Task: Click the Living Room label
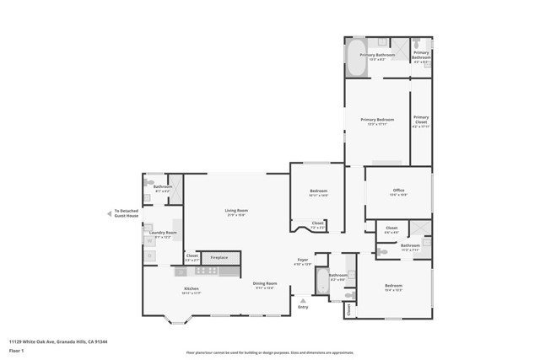pyautogui.click(x=235, y=211)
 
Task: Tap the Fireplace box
pyautogui.click(x=219, y=256)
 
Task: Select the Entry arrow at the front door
pyautogui.click(x=303, y=300)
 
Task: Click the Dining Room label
pyautogui.click(x=264, y=284)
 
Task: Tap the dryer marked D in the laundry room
pyautogui.click(x=149, y=254)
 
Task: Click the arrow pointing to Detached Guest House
pyautogui.click(x=109, y=213)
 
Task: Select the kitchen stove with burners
pyautogui.click(x=207, y=271)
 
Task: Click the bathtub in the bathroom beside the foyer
pyautogui.click(x=321, y=281)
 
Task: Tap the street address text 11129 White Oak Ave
pyautogui.click(x=58, y=341)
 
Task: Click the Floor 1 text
pyautogui.click(x=16, y=349)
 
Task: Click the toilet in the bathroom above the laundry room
pyautogui.click(x=150, y=182)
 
